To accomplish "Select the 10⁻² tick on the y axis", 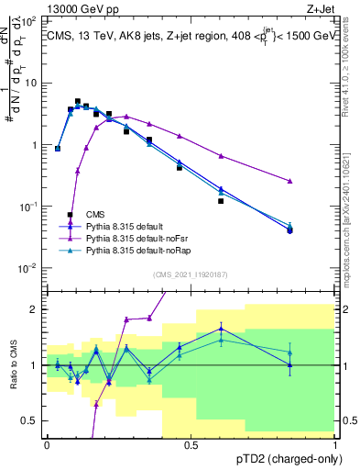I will click(31, 268).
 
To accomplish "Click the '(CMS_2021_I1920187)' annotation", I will click(191, 274).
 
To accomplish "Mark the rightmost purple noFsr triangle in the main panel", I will click(315, 182).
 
